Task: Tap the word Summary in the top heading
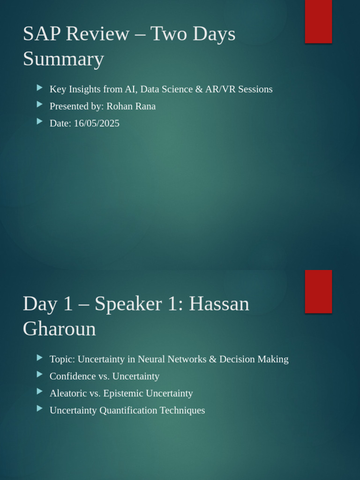coord(63,60)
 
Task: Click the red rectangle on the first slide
coord(318,22)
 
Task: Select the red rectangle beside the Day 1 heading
coord(318,291)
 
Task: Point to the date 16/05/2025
coord(97,123)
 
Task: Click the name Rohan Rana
coord(131,106)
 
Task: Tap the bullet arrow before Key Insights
coord(40,88)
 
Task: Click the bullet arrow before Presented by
coord(40,105)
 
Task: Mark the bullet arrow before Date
coord(40,121)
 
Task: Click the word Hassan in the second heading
coord(219,304)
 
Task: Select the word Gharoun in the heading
coord(59,329)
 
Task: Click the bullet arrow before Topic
coord(40,358)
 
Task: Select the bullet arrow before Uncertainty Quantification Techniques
coord(40,409)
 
